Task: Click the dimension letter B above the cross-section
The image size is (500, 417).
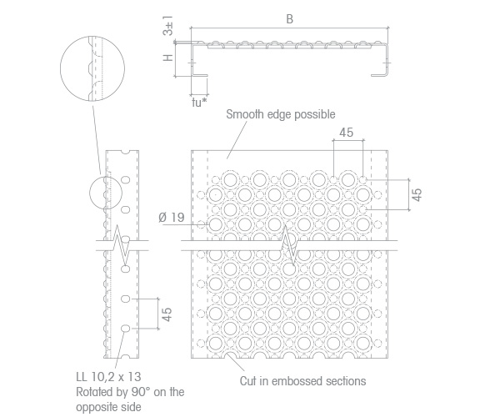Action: pos(289,19)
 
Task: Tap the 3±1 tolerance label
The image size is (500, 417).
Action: pos(168,26)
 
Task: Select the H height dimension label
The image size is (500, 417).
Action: pos(168,58)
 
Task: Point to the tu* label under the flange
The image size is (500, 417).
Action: pos(199,103)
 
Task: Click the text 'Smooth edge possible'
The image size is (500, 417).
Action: pos(281,114)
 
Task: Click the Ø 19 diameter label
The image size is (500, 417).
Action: pos(172,218)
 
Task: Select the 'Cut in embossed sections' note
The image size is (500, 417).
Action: pos(302,381)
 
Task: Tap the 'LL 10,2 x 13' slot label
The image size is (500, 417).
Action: pos(108,377)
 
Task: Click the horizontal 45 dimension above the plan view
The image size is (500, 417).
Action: pos(347,132)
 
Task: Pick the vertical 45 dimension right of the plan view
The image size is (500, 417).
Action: pos(417,194)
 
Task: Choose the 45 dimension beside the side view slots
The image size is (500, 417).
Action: pos(167,314)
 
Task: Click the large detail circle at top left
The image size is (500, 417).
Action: pos(92,68)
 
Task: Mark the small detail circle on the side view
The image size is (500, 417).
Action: pos(106,193)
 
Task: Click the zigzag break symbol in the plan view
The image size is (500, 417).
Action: pos(289,245)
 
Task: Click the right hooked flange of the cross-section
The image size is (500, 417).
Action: pos(381,60)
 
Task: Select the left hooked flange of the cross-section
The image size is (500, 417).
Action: pos(199,60)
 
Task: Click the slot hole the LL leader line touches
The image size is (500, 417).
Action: pos(126,329)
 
